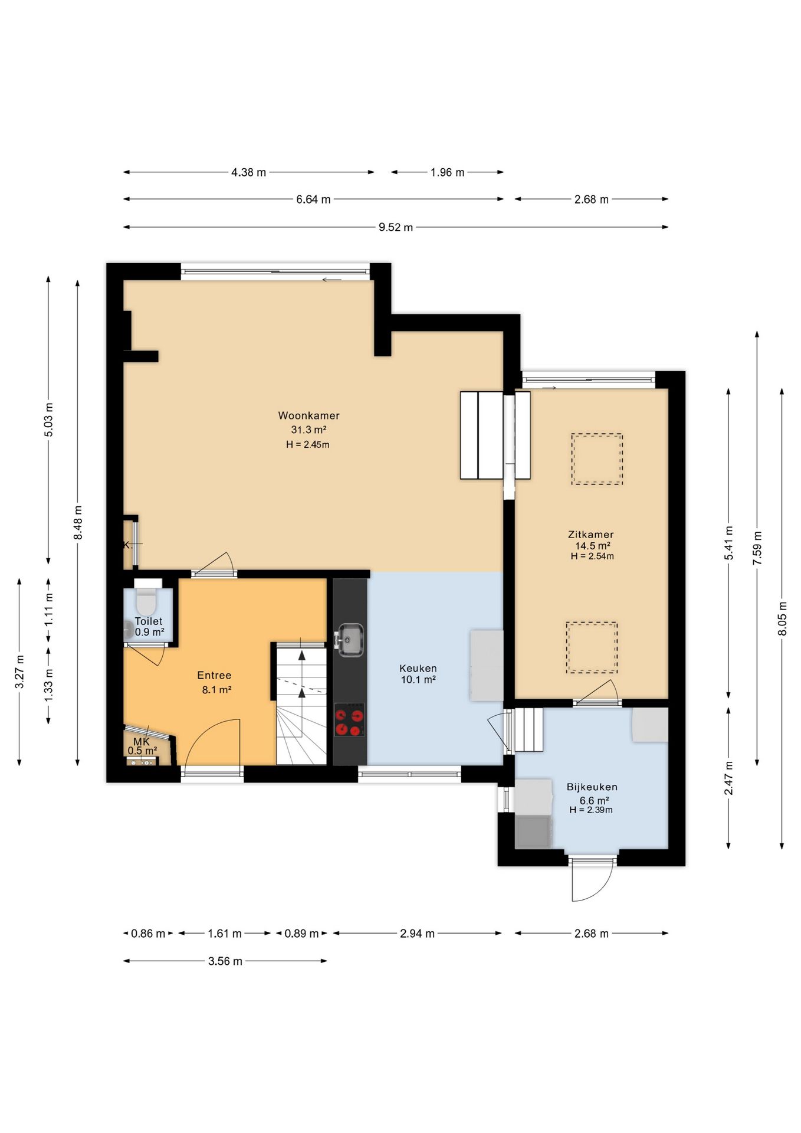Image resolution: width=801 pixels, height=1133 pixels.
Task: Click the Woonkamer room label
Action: tap(308, 415)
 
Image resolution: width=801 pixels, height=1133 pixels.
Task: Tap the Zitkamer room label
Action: tap(590, 535)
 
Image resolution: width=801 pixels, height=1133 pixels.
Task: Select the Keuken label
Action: tap(418, 669)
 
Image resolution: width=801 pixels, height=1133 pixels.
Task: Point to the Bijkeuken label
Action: tap(592, 787)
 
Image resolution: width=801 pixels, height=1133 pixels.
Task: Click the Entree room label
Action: tap(214, 676)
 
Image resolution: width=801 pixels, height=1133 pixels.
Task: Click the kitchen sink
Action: tap(350, 640)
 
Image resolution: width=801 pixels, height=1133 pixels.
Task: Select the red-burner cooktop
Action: tap(349, 721)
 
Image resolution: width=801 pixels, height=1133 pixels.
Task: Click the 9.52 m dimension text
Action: tap(396, 227)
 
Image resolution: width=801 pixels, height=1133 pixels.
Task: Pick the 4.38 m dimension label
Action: tap(248, 172)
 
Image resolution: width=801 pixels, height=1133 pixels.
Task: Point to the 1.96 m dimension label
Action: tap(447, 172)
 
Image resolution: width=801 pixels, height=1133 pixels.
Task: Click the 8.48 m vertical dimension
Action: tap(77, 522)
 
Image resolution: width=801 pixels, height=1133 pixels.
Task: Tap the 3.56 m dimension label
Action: tap(225, 961)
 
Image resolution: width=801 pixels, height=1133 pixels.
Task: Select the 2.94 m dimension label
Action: tap(417, 934)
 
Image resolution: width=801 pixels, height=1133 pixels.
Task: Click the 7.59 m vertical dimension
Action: tap(757, 548)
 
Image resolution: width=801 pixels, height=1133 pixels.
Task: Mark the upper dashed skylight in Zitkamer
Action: tap(596, 459)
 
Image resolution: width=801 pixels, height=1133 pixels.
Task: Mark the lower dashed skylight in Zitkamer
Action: tap(592, 647)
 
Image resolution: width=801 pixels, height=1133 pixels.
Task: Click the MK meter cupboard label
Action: tap(142, 742)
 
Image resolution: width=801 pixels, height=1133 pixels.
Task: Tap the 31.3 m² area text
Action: tap(309, 430)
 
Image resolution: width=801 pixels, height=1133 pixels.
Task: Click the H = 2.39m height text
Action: tap(591, 810)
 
